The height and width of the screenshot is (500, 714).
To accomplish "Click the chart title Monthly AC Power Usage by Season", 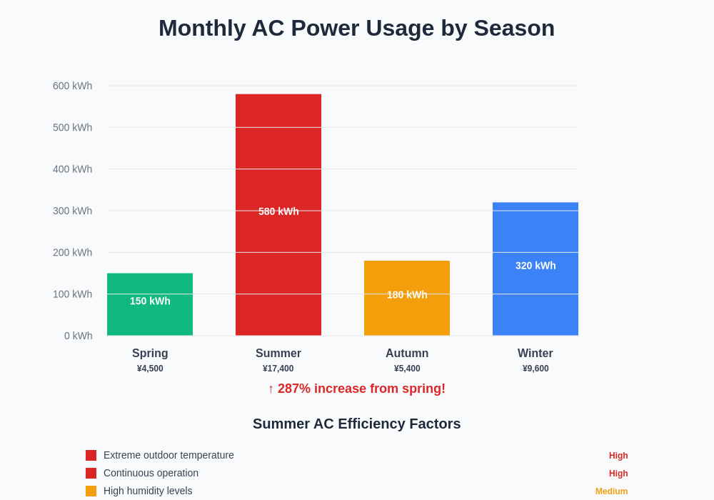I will point(356,28).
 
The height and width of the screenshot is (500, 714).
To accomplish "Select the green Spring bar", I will point(150,318).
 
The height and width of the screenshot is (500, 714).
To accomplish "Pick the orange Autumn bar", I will point(407,314).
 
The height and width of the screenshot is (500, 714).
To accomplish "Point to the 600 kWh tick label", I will point(72,86).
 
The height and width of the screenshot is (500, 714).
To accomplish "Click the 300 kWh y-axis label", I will point(72,211).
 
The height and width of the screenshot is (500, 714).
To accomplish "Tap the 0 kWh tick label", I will point(78,336).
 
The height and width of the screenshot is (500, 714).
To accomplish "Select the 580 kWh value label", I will point(278,211).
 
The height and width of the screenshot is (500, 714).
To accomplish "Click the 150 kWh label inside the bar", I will point(150,301).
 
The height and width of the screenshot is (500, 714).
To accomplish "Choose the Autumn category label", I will point(407,354).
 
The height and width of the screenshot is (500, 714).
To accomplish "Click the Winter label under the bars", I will point(535,354).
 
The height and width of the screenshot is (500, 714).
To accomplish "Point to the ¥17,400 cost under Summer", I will point(278,369).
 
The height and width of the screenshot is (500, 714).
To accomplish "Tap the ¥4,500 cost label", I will point(150,369).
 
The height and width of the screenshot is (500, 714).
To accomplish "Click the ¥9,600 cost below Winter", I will point(535,369).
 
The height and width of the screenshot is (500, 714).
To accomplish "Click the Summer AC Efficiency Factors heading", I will point(356,424).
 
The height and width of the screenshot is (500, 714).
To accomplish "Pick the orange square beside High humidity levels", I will point(91,491).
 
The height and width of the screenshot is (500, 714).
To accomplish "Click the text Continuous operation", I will point(151,473).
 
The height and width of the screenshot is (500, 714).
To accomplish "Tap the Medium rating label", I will point(611,491).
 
